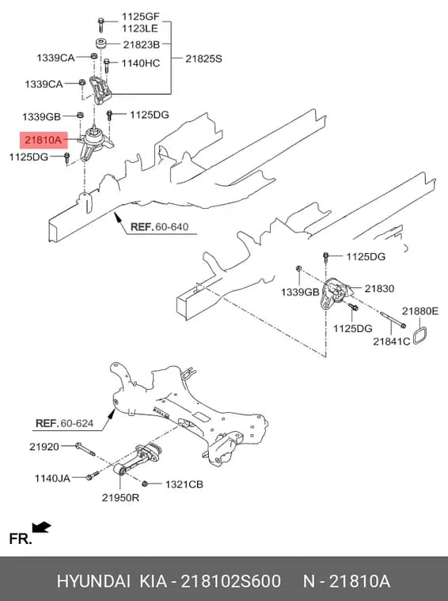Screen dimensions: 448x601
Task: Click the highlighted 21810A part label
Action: click(44, 140)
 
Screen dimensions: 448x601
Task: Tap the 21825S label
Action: click(203, 59)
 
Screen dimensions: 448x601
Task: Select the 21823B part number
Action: click(141, 45)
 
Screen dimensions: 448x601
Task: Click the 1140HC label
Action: click(141, 63)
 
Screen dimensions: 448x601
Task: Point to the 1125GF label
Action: click(140, 17)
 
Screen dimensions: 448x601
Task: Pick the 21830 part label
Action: click(379, 288)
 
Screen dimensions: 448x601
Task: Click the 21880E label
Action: click(420, 311)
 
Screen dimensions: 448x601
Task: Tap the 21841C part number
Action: click(392, 341)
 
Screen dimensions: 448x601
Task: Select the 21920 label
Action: click(44, 447)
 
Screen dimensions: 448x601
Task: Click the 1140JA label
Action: click(52, 478)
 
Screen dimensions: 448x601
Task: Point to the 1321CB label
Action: click(184, 485)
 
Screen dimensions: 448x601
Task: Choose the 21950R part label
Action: click(120, 497)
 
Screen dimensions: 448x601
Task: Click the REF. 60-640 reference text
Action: click(160, 226)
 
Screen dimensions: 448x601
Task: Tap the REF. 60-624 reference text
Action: click(64, 423)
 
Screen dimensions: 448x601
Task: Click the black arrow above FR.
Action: click(41, 527)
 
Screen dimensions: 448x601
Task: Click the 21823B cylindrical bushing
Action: click(101, 43)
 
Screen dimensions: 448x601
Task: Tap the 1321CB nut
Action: click(145, 484)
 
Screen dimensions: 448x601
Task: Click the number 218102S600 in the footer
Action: click(230, 581)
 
